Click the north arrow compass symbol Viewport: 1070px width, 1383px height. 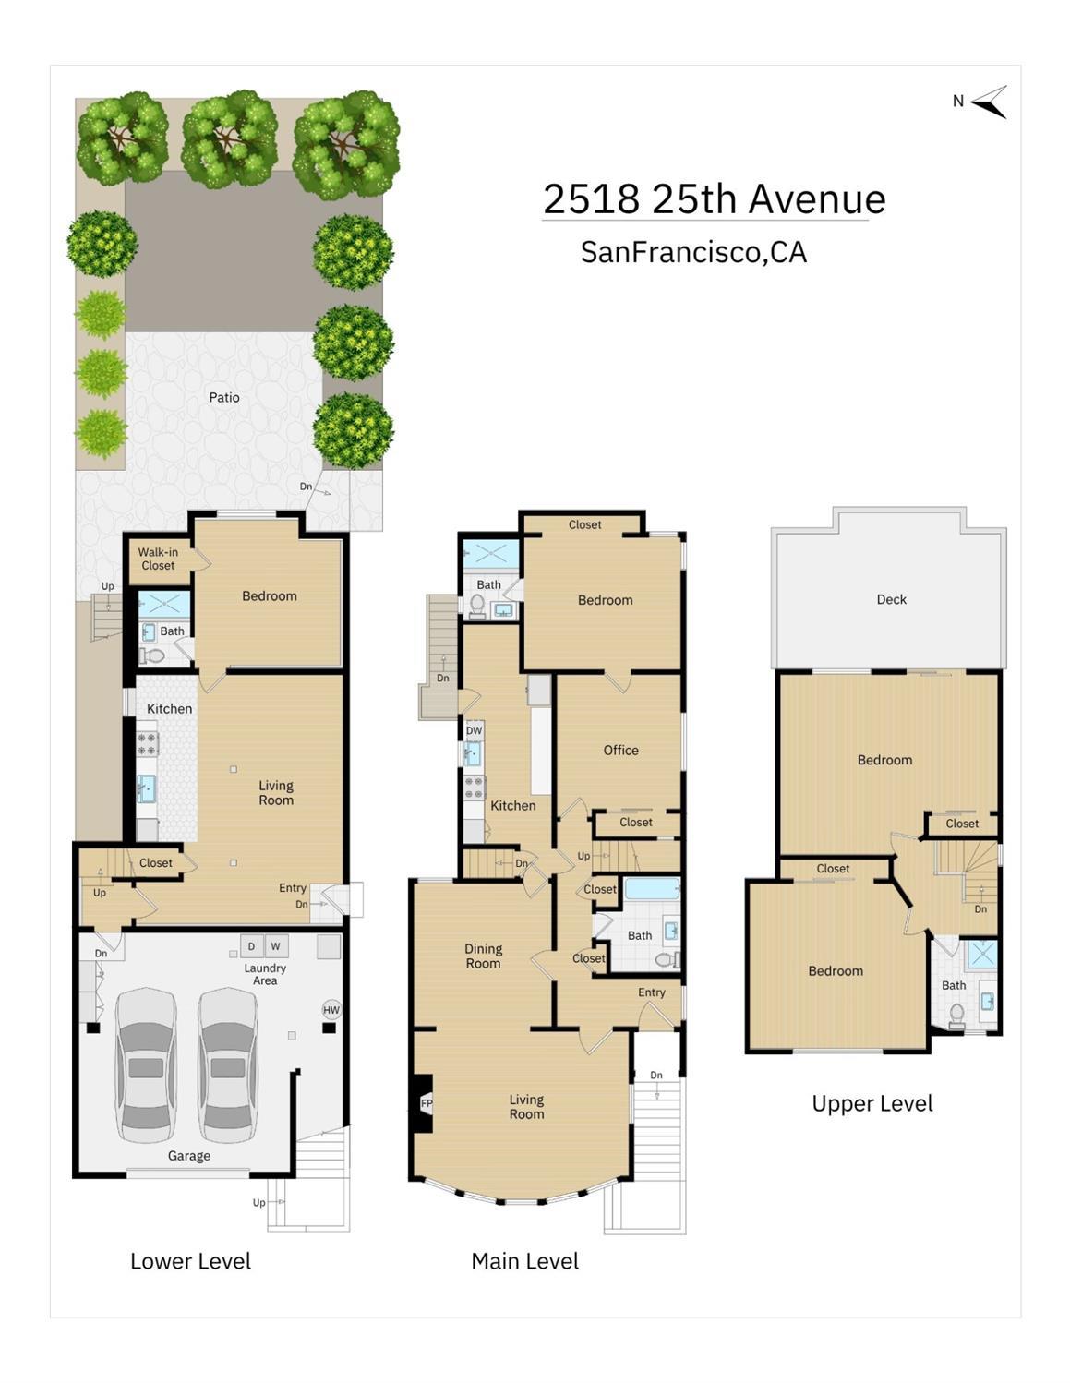pos(988,102)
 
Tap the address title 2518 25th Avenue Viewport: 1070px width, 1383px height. pos(714,198)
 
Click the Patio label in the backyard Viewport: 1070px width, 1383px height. pos(224,397)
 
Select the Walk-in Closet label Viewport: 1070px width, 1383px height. pos(158,559)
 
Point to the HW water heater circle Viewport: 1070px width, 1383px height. pos(331,1009)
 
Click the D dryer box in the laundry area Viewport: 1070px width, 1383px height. pos(251,946)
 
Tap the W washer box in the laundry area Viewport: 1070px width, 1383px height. pos(276,946)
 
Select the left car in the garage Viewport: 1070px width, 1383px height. pos(146,1066)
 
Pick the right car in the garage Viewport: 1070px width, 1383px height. pos(227,1066)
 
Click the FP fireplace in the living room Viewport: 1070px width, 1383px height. pos(425,1103)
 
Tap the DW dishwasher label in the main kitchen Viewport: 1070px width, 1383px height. pos(474,730)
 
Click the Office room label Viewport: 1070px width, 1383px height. pos(621,750)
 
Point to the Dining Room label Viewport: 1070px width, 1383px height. pos(483,956)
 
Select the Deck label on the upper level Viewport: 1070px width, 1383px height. pos(891,599)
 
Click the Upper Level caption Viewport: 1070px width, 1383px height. pos(872,1103)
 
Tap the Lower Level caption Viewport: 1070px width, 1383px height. pos(190,1261)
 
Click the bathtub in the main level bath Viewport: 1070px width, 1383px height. pos(652,889)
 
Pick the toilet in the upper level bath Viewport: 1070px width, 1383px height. pos(956,1016)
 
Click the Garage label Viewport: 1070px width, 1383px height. pos(189,1155)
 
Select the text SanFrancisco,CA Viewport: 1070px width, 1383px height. pos(693,252)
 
